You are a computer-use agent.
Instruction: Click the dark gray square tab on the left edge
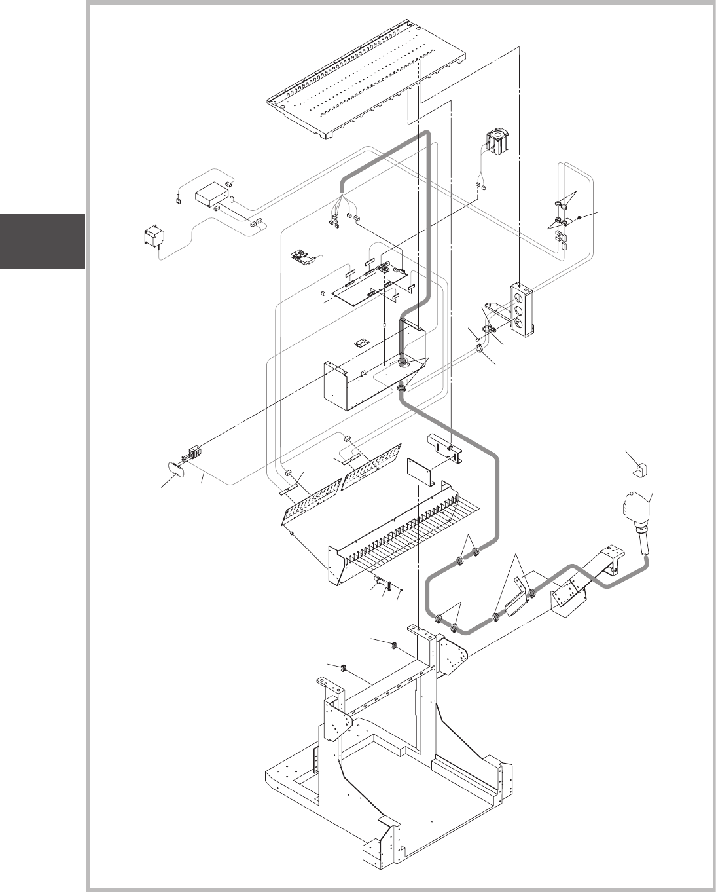(x=43, y=240)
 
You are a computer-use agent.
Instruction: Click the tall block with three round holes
(x=522, y=309)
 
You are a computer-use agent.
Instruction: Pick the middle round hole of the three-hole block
(x=518, y=309)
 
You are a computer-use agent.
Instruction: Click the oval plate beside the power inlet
(x=174, y=468)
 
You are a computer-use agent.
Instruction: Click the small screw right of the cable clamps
(x=579, y=217)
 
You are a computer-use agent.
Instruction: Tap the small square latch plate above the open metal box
(x=360, y=343)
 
